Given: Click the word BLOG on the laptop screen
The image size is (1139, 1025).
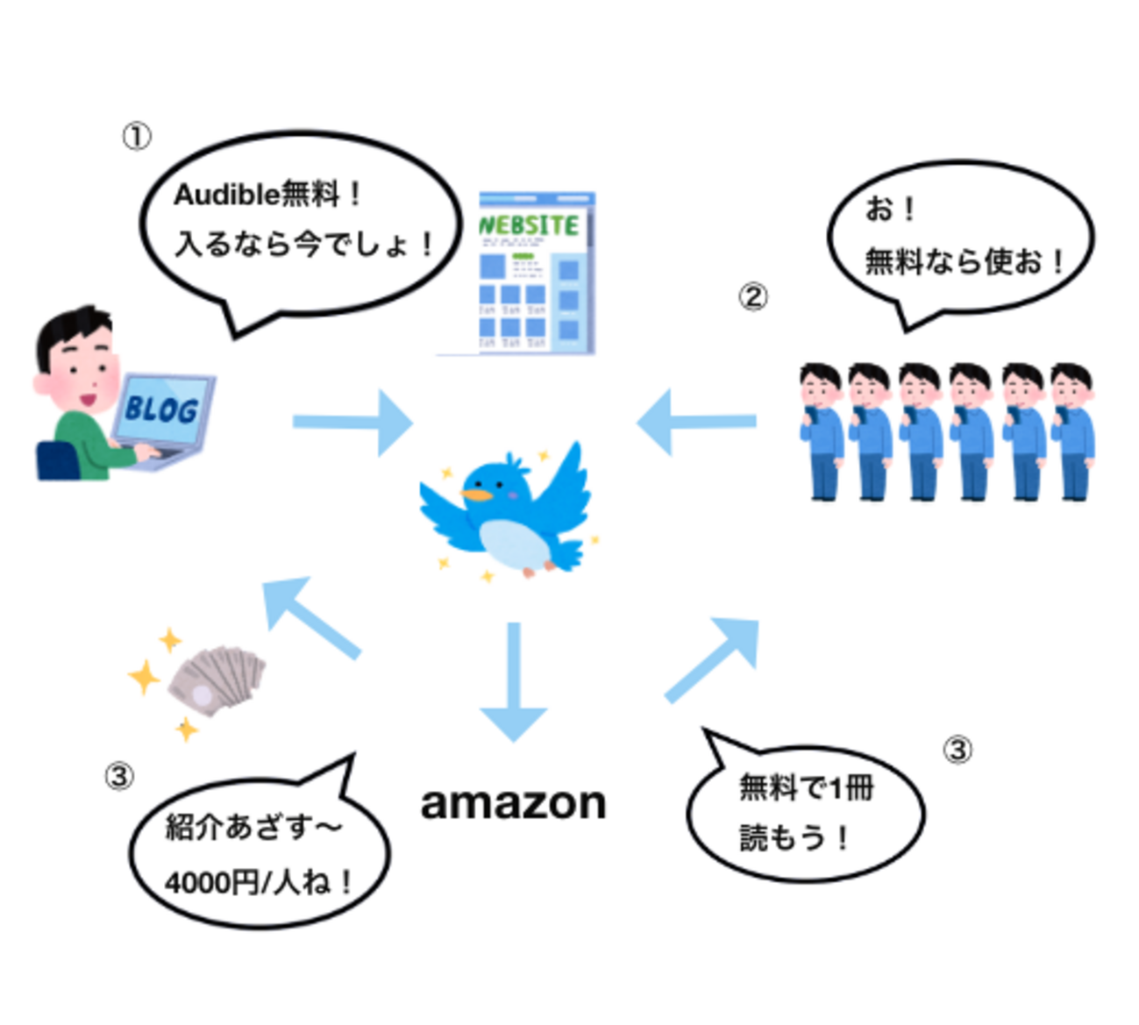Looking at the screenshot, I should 161,409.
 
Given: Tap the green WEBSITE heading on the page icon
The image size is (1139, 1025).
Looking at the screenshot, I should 530,225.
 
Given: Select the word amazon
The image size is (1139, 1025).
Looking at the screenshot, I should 514,802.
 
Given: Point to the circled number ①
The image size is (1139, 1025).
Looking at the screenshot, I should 137,136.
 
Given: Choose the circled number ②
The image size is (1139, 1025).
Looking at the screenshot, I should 752,297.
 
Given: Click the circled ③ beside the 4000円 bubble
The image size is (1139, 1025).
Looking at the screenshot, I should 119,776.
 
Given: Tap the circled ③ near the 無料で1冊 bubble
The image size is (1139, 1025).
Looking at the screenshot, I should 957,750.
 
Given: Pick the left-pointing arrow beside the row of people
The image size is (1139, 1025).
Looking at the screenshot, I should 696,422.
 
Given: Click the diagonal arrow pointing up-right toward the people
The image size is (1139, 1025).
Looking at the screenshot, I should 712,658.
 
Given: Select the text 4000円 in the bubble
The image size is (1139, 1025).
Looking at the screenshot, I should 210,881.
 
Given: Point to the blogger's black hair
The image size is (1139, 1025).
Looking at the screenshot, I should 75,329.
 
